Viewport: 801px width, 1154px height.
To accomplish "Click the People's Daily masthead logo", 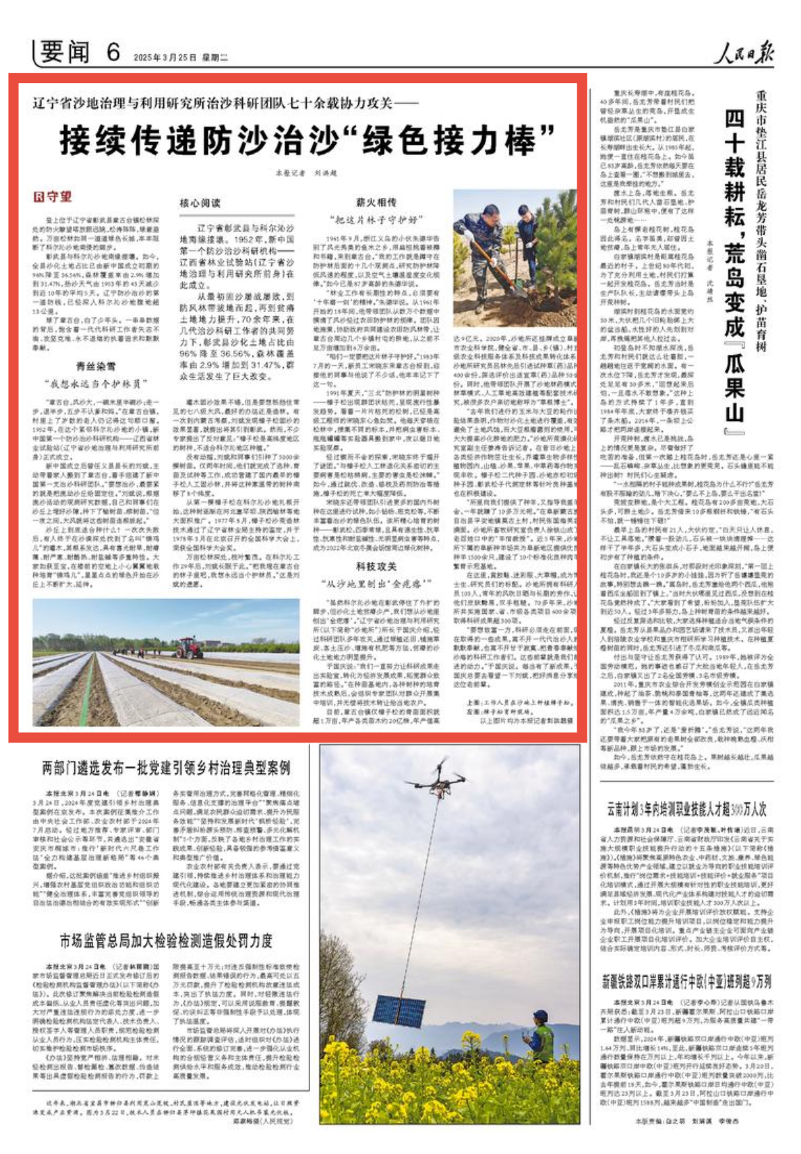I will point(743,53).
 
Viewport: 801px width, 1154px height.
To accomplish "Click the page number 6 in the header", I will point(113,52).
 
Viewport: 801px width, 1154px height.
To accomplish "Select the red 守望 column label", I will point(53,197).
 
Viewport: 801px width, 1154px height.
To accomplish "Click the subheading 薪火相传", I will point(376,203).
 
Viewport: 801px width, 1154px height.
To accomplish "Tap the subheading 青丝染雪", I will point(96,367).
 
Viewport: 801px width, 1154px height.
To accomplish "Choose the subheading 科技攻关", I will point(376,566).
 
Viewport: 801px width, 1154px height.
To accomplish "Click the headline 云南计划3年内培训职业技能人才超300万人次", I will point(687,809).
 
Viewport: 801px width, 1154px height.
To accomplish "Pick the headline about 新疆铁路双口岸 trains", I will point(687,981).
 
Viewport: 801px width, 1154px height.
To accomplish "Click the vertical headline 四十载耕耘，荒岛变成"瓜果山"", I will point(734,272).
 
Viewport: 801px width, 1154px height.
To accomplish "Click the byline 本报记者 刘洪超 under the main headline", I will point(306,173).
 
